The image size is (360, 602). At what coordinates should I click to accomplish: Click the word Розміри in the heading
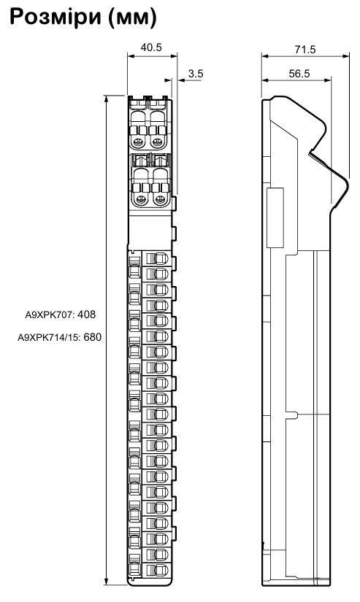(x=54, y=18)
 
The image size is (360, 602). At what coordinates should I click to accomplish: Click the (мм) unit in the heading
(x=132, y=18)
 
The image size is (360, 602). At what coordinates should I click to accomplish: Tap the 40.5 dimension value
(x=151, y=47)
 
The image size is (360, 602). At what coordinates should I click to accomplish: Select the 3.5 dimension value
(x=196, y=73)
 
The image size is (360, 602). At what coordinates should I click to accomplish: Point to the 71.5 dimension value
(x=305, y=50)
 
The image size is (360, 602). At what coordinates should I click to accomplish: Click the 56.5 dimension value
(x=299, y=73)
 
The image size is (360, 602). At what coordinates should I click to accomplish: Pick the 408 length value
(x=86, y=314)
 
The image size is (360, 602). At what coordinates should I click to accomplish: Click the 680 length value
(x=93, y=337)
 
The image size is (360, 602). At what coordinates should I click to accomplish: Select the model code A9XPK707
(x=49, y=315)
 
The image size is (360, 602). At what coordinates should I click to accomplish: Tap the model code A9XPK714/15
(x=48, y=338)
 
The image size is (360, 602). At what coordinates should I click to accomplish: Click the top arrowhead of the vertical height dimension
(x=107, y=99)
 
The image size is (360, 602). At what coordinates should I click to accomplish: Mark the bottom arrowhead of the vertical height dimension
(x=107, y=582)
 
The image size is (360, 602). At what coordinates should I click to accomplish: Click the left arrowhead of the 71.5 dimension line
(x=265, y=56)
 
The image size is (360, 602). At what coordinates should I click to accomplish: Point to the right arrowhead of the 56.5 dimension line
(x=327, y=80)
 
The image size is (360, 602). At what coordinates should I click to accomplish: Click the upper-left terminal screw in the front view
(x=137, y=143)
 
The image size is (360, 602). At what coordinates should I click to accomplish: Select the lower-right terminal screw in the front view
(x=158, y=199)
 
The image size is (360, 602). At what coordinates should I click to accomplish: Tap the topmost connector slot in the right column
(x=157, y=258)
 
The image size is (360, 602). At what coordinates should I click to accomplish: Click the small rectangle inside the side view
(x=275, y=217)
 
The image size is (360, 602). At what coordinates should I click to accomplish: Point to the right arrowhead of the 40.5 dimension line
(x=174, y=56)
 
